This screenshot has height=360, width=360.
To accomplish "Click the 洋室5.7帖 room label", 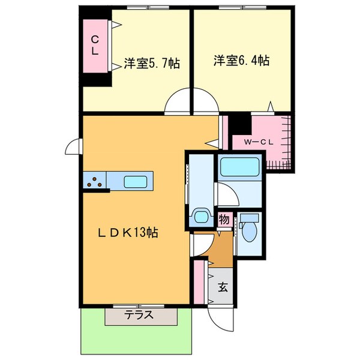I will click(152, 62).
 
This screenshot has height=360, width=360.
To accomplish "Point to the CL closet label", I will click(95, 46).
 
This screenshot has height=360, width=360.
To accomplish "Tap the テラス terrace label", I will click(139, 315).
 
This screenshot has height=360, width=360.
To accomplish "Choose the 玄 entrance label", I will click(223, 287).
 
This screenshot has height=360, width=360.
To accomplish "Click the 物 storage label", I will click(224, 220).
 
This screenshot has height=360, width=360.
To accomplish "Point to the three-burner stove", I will click(95, 182).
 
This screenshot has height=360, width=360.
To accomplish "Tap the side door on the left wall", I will click(73, 147).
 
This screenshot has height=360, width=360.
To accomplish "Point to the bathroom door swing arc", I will click(226, 195).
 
